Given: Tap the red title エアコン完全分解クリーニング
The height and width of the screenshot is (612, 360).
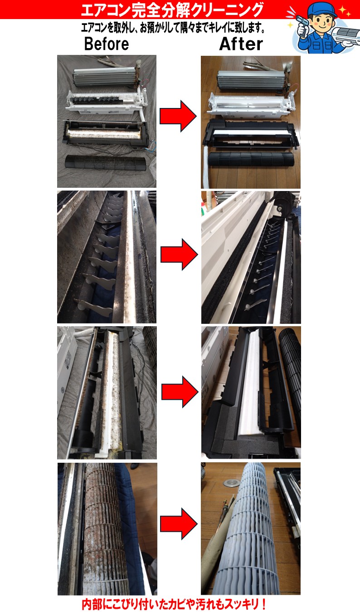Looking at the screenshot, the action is [x=172, y=10].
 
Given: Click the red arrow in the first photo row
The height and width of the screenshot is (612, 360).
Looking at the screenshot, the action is [x=178, y=116].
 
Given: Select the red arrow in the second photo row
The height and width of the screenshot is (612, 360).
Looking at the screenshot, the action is [x=179, y=255].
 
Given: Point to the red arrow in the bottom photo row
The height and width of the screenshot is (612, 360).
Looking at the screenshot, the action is [x=179, y=524].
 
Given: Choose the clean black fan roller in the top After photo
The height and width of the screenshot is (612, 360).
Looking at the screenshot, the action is [x=251, y=159].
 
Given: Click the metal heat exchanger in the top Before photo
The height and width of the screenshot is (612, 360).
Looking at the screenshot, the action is [x=105, y=77].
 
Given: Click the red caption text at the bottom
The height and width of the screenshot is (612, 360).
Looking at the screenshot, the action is [x=174, y=604].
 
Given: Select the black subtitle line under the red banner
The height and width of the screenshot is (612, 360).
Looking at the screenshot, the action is [x=173, y=28].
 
